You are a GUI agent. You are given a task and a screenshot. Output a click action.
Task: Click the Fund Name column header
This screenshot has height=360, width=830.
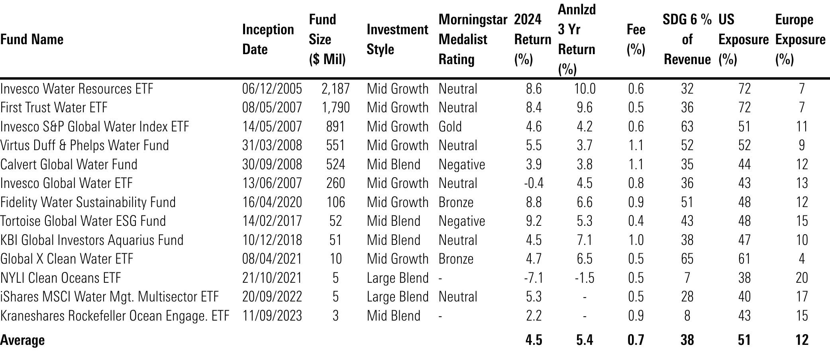tap(32, 39)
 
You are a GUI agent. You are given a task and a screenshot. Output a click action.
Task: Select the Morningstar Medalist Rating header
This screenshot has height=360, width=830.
tap(473, 39)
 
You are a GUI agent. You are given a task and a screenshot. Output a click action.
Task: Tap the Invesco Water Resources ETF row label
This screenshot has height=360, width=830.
tap(77, 88)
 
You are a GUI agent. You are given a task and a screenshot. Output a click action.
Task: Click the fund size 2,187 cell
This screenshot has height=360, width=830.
tap(336, 88)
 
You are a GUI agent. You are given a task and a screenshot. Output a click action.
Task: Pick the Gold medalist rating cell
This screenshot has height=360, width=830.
tap(450, 126)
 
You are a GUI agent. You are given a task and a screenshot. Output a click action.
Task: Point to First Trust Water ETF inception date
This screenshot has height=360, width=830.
tap(272, 108)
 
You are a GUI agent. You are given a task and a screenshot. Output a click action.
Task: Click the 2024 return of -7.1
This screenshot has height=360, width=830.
tap(533, 278)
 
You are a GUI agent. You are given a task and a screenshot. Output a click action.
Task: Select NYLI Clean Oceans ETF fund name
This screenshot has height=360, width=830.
tap(60, 278)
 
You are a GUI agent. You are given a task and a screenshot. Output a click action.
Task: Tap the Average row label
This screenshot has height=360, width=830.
tap(22, 340)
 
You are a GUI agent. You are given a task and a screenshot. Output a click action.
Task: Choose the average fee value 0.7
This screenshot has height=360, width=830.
tap(636, 340)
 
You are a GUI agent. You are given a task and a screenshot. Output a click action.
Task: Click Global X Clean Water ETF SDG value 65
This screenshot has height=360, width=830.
tap(687, 259)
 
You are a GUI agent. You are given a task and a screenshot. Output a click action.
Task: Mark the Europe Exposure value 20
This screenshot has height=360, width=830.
tap(801, 278)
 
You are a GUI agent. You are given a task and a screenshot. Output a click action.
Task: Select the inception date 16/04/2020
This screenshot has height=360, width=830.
tap(272, 202)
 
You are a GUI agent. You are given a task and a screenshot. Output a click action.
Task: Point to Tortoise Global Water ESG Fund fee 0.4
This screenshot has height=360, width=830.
tap(636, 221)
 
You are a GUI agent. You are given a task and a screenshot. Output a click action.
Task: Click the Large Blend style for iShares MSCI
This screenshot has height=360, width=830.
tap(397, 297)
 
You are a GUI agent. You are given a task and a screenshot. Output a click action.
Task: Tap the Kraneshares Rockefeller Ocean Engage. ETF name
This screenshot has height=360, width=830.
tap(115, 316)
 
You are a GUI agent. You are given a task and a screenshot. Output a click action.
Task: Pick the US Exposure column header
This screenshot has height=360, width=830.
tap(743, 39)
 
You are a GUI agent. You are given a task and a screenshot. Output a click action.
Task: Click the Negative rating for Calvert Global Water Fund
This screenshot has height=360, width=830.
tap(461, 164)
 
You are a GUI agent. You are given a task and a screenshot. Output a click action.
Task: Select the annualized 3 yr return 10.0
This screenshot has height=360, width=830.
tap(585, 88)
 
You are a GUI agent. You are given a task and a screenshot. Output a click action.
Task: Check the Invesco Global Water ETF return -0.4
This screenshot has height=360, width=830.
tap(533, 183)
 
